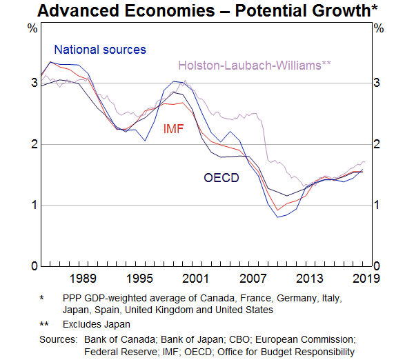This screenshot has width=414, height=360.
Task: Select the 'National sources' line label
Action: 100,50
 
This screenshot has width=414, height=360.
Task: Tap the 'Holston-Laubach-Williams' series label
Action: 255,66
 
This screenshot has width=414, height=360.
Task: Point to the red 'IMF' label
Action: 174,129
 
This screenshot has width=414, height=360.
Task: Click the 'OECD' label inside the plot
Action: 221,178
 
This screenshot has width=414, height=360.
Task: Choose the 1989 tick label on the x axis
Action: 82,278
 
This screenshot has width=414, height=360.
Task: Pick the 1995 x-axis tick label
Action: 139,278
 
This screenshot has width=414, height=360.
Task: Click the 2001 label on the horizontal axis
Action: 197,278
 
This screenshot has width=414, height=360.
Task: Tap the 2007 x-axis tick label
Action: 253,278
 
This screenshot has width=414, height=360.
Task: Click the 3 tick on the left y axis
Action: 32,83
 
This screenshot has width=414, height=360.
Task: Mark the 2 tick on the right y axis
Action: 377,144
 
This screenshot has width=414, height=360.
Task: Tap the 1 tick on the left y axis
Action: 32,205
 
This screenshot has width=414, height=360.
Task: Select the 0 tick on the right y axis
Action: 377,266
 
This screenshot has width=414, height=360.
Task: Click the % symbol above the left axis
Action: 32,28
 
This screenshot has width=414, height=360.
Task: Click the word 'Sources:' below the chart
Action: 58,339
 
